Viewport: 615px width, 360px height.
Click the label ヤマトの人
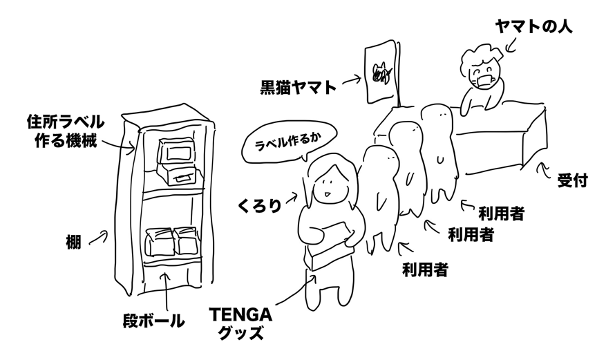click(x=534, y=27)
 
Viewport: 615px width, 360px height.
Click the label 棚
click(x=73, y=242)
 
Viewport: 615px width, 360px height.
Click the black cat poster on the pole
click(x=381, y=73)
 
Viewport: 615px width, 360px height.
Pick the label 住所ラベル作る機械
click(x=65, y=131)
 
